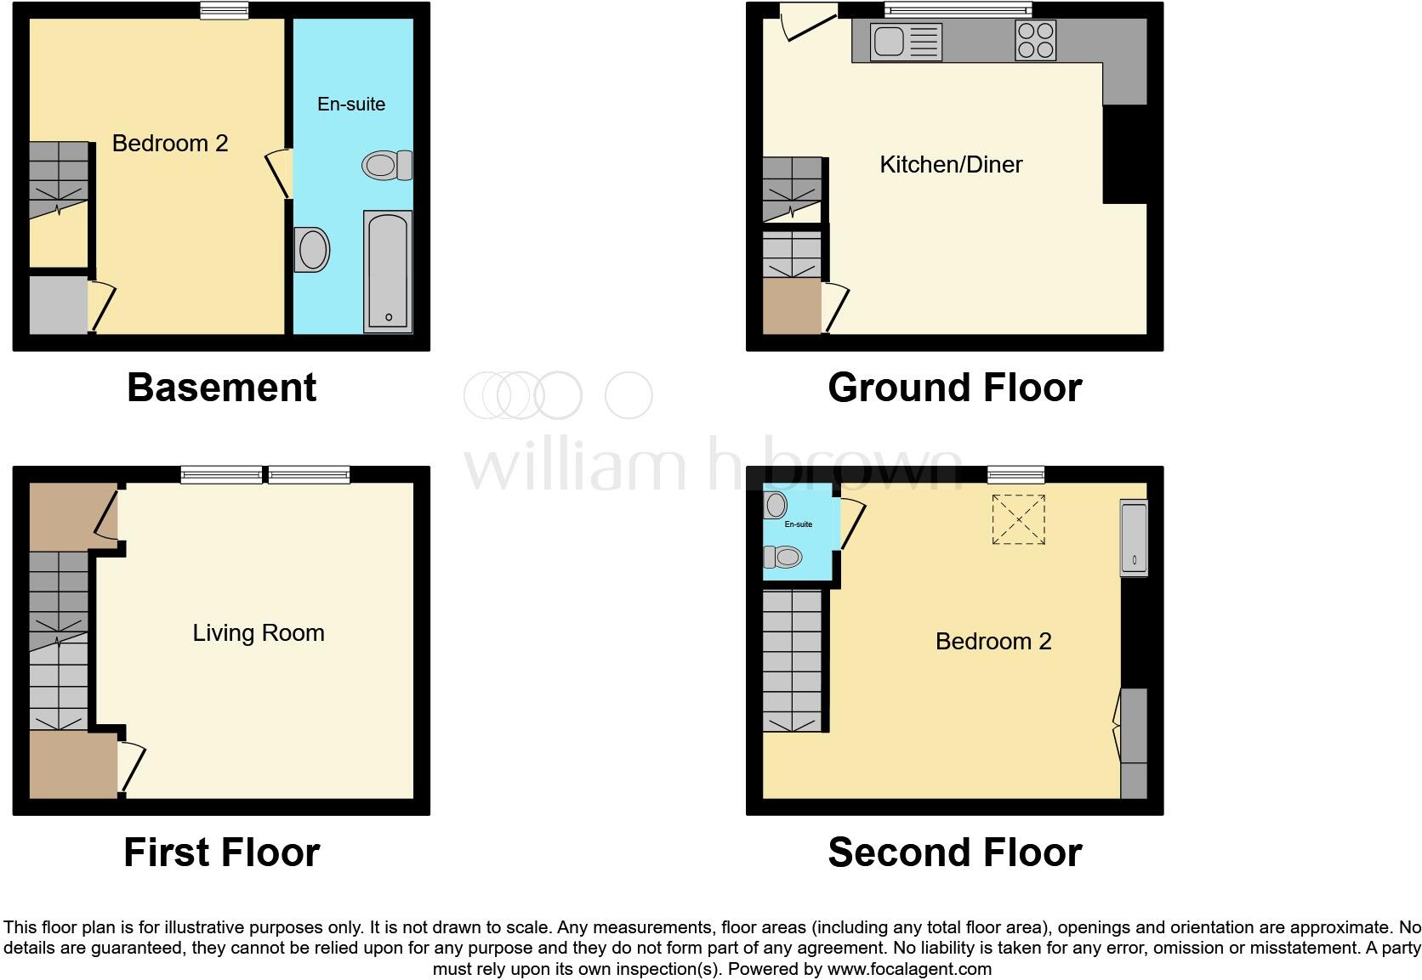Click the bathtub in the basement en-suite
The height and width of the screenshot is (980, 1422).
388,271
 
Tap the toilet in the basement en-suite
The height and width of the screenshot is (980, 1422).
387,165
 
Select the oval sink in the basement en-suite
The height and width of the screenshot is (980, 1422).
312,250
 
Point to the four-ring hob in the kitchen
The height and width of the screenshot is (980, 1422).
1035,40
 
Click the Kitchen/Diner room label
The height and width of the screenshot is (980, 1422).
951,164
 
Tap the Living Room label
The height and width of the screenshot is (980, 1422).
259,632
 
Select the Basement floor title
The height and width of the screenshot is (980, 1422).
221,388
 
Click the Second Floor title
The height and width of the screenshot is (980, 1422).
954,852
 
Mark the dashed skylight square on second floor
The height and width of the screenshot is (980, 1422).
1018,519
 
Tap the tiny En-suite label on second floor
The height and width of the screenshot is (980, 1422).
798,524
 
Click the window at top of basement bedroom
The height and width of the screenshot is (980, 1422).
225,10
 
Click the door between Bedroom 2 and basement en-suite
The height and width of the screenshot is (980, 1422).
280,173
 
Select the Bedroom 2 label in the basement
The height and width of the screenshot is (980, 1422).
170,143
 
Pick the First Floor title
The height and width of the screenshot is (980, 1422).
221,852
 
